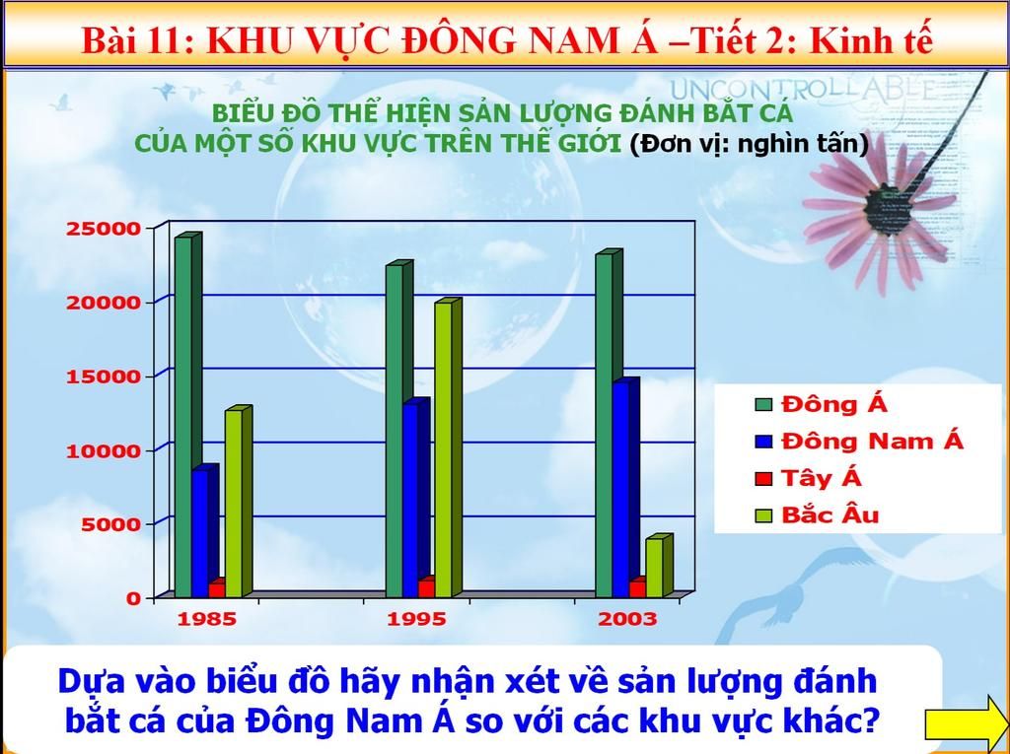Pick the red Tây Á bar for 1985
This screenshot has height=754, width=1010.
coord(217,587)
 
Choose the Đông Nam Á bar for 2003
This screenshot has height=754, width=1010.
coord(625,488)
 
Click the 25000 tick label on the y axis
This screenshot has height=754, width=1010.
coord(103,229)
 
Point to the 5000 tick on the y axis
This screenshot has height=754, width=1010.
coord(110,523)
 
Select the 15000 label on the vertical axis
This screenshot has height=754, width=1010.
coord(103,377)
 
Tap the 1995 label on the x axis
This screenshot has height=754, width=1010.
coord(416,619)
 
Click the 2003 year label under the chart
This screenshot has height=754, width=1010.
coord(627,619)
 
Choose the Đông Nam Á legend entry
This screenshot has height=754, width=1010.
coord(860,442)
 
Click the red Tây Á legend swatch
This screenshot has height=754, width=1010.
coord(764,478)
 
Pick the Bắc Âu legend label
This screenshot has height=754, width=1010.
coord(830,514)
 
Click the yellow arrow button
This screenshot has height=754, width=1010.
coord(967,716)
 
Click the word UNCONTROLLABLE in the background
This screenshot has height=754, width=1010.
coord(802,89)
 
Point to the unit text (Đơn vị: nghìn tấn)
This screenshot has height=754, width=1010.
coord(750,144)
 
